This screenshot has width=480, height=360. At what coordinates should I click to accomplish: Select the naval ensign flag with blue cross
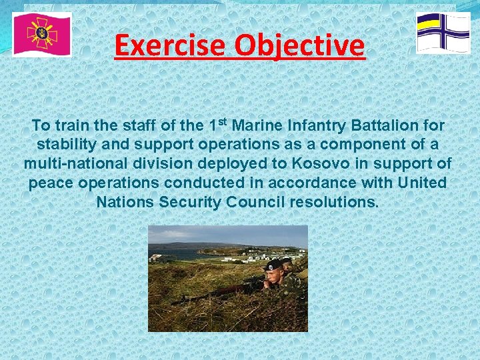[443, 33]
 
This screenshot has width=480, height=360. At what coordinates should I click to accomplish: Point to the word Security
[188, 201]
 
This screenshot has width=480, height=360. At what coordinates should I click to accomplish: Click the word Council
[253, 201]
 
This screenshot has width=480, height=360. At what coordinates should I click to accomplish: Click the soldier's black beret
[273, 265]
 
